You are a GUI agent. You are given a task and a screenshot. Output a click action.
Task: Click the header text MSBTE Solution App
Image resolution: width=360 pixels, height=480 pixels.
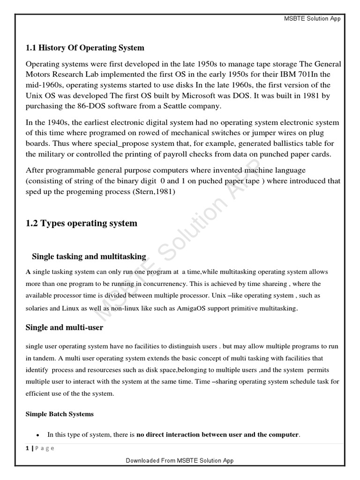pyautogui.click(x=312, y=18)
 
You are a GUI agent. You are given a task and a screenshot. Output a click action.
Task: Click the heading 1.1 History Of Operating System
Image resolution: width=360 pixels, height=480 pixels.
pyautogui.click(x=84, y=48)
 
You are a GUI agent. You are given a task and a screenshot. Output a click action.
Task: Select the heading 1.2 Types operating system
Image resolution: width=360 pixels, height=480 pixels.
pyautogui.click(x=82, y=223)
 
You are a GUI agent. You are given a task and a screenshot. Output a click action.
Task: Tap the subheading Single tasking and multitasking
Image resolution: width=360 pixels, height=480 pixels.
pyautogui.click(x=89, y=256)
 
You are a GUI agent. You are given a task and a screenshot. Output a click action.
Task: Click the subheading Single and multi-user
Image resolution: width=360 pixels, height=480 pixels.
pyautogui.click(x=64, y=328)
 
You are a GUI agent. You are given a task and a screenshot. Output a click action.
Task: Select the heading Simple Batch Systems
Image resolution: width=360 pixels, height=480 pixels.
pyautogui.click(x=59, y=414)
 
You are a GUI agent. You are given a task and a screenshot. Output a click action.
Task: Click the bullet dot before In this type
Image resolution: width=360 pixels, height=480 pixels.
pyautogui.click(x=37, y=435)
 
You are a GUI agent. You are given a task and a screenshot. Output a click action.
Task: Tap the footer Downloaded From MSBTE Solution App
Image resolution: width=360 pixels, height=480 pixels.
pyautogui.click(x=180, y=460)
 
